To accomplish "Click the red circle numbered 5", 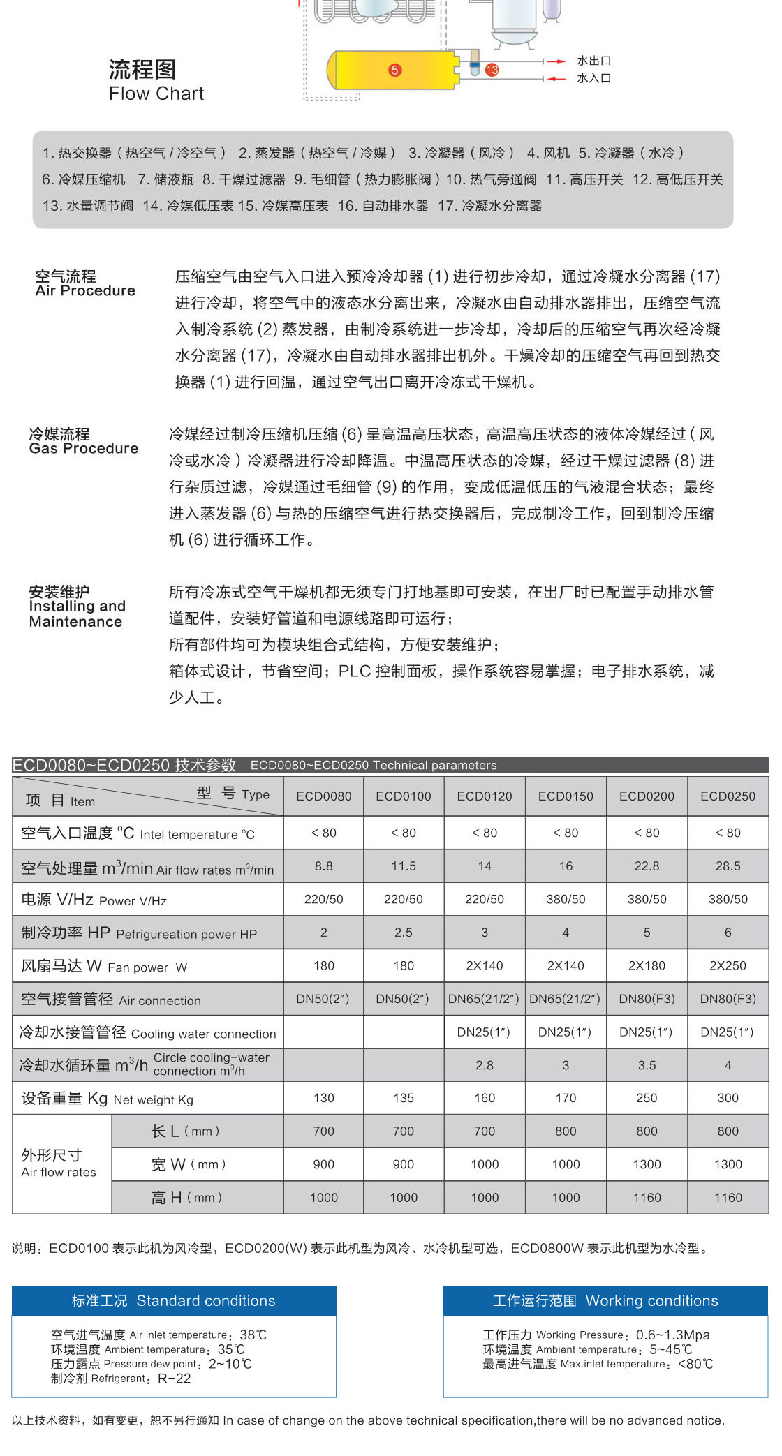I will (395, 70).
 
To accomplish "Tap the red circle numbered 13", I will (492, 70).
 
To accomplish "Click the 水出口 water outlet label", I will (593, 61).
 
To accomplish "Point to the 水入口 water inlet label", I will (593, 78).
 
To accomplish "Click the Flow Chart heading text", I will (156, 94).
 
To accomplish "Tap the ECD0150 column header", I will (566, 796).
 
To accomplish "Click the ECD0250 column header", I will (728, 796).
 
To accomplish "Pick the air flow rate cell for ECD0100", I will (404, 866).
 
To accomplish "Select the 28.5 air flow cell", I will (728, 866).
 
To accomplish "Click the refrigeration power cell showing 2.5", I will (404, 933).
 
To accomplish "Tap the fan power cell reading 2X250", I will (728, 966).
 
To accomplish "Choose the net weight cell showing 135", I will (404, 1098).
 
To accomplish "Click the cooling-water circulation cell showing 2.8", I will (485, 1065).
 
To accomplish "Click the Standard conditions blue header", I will (174, 1300).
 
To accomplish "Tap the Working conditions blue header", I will (605, 1300).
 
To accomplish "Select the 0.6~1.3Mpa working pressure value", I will (672, 1335).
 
